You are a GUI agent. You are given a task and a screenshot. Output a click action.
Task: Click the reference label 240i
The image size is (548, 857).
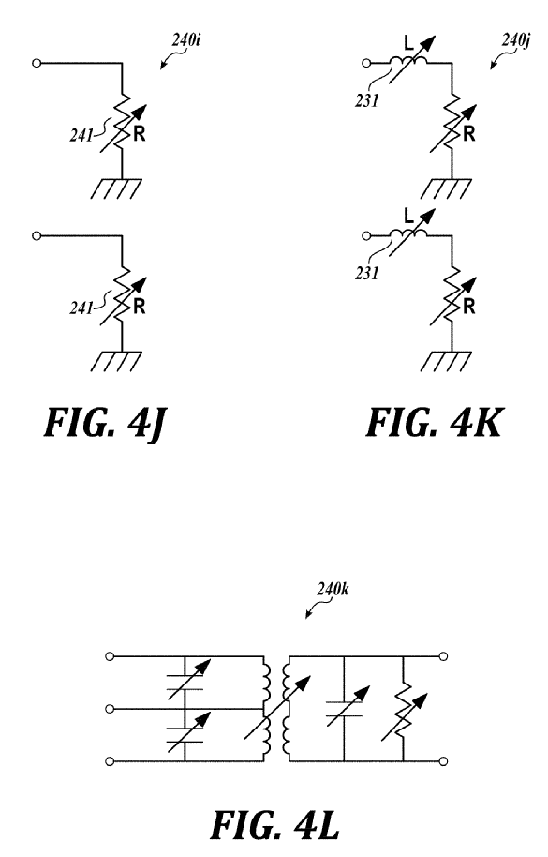186,40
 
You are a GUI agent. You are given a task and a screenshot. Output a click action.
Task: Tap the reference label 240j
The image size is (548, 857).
516,40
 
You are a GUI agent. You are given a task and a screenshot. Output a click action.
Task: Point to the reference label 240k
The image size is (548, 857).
333,589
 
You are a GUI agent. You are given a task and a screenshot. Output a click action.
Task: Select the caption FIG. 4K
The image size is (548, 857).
434,423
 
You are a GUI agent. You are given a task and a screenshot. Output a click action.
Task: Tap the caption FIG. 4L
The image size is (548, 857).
274,825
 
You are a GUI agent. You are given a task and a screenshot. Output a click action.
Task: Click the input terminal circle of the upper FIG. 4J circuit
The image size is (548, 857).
37,64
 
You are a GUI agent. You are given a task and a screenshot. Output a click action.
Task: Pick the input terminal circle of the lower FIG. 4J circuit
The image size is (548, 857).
37,236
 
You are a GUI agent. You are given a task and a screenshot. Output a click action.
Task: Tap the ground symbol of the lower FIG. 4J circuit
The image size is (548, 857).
116,362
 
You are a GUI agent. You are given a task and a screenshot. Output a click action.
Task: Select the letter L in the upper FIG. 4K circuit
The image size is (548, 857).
408,42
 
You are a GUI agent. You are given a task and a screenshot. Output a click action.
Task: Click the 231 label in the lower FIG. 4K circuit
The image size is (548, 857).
367,273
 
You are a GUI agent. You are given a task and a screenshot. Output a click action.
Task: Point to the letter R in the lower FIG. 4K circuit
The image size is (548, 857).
468,308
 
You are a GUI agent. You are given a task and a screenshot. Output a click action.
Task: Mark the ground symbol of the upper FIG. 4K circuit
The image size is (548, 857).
446,188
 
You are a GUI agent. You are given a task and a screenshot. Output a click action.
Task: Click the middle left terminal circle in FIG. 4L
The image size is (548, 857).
110,709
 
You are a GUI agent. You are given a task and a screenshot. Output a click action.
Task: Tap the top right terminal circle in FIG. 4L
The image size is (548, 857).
444,656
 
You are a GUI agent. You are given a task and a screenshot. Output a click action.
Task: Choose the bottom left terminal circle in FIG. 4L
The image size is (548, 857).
110,761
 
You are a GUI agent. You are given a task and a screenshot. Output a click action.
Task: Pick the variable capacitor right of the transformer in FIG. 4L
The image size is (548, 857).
345,709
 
